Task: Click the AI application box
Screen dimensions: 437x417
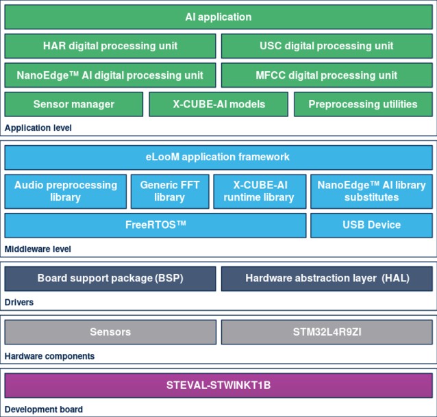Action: click(x=218, y=17)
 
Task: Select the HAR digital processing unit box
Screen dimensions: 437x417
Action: click(x=110, y=46)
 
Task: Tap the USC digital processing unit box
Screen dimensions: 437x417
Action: click(x=327, y=46)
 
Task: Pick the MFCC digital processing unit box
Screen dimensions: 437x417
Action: click(x=327, y=75)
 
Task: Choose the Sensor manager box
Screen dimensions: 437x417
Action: click(x=74, y=104)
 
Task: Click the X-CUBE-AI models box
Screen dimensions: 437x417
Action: click(x=218, y=104)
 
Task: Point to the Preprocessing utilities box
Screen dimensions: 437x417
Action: click(x=363, y=104)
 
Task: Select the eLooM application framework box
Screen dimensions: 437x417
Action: click(x=218, y=157)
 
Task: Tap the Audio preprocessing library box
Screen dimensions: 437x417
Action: click(x=66, y=191)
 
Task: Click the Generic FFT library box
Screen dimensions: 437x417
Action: click(x=170, y=191)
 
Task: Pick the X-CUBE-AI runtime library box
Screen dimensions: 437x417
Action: click(x=260, y=191)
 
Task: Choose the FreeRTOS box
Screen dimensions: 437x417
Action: click(x=155, y=225)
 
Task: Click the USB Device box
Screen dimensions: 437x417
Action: click(x=371, y=225)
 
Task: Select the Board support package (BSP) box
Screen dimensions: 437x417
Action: click(x=110, y=279)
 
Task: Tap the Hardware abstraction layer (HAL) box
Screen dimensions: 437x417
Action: click(x=327, y=279)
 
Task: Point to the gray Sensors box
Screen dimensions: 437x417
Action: click(x=110, y=332)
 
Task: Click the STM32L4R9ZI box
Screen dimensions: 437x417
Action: click(x=327, y=332)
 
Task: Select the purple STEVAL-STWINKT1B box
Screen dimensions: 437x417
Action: click(x=218, y=386)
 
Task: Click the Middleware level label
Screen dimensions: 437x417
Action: click(x=38, y=249)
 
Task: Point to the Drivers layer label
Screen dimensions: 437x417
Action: click(x=19, y=302)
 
